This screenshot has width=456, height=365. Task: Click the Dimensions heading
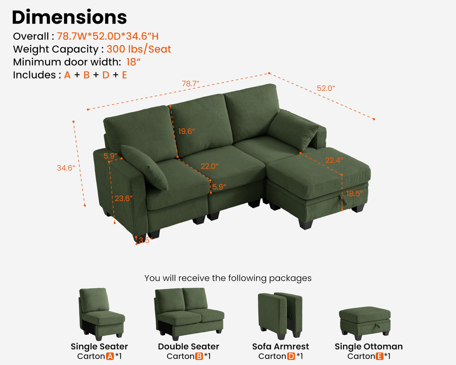pyautogui.click(x=69, y=17)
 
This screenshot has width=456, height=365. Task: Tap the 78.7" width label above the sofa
pyautogui.click(x=190, y=84)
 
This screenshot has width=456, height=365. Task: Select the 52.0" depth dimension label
pyautogui.click(x=326, y=88)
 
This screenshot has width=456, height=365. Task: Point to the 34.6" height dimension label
pyautogui.click(x=66, y=168)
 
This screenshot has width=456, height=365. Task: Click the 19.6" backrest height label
pyautogui.click(x=187, y=131)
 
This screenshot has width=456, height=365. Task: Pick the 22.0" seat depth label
pyautogui.click(x=210, y=166)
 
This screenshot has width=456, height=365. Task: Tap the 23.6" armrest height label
pyautogui.click(x=123, y=198)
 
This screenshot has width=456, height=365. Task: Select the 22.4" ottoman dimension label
pyautogui.click(x=334, y=160)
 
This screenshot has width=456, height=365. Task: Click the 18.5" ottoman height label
pyautogui.click(x=354, y=194)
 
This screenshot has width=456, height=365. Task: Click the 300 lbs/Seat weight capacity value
pyautogui.click(x=139, y=49)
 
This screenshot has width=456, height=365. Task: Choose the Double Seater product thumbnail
pyautogui.click(x=189, y=314)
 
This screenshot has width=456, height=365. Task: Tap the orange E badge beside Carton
pyautogui.click(x=380, y=356)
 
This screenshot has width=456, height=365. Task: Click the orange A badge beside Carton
pyautogui.click(x=110, y=356)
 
